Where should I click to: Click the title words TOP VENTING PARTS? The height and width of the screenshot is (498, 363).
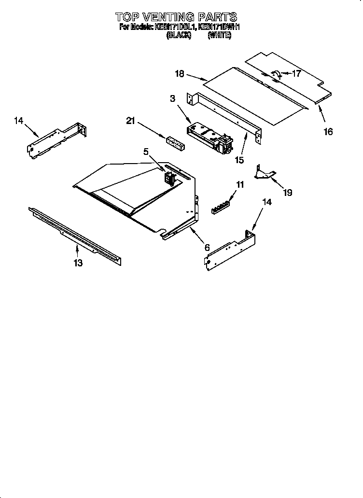[x=176, y=16]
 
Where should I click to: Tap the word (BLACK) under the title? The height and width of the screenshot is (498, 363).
[x=179, y=35]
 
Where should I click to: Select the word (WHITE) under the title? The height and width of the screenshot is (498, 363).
[x=220, y=35]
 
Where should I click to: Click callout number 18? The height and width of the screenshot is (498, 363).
[x=180, y=74]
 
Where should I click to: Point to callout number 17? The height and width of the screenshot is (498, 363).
[x=296, y=73]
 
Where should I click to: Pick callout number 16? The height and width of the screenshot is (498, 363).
[x=328, y=131]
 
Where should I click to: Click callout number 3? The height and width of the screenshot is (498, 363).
[x=172, y=98]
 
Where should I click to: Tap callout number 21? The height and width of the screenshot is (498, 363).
[x=130, y=121]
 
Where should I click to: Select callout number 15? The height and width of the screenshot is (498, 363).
[x=239, y=160]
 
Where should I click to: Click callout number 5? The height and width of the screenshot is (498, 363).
[x=146, y=152]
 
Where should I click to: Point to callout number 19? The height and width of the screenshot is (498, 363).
[x=288, y=192]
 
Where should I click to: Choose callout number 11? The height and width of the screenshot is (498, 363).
[x=240, y=184]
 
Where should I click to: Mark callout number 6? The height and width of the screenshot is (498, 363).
[x=207, y=247]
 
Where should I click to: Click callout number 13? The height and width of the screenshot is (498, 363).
[x=78, y=263]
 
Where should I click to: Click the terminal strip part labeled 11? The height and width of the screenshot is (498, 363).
[x=221, y=207]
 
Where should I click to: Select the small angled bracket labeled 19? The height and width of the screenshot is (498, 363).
[x=265, y=173]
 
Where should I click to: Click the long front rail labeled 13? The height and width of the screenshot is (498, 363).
[x=75, y=236]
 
